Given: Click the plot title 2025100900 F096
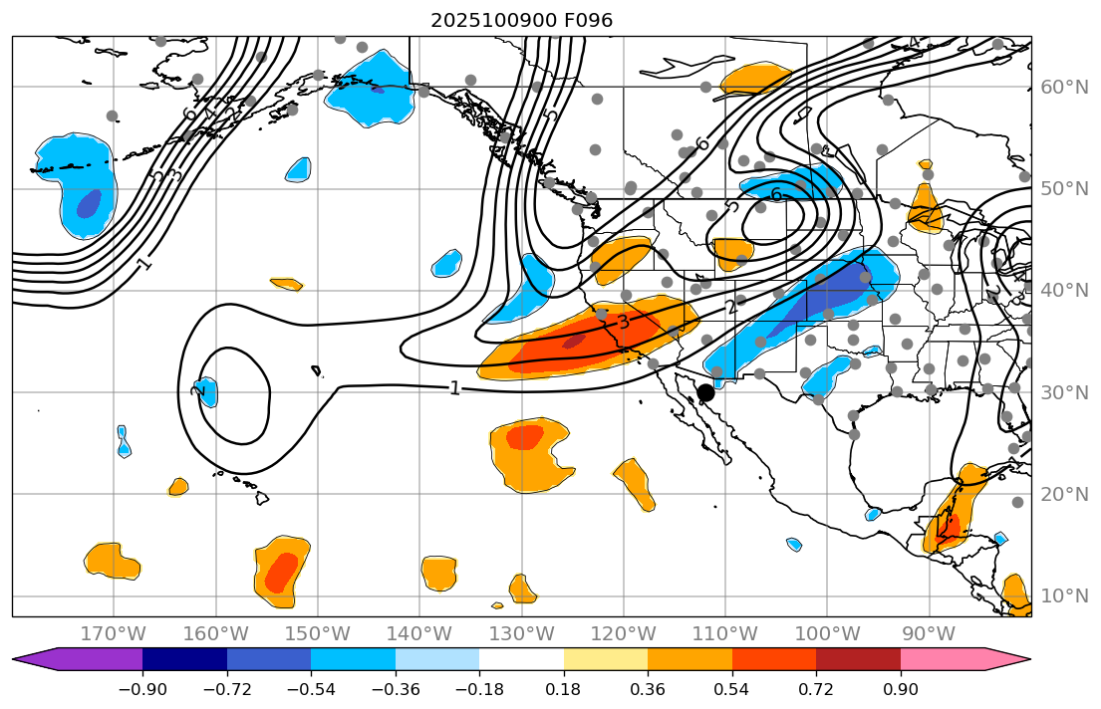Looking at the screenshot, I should [521, 20].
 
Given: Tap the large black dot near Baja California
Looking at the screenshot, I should [705, 392].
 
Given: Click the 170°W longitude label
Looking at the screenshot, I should [114, 634].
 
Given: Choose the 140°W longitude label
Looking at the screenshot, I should [419, 634].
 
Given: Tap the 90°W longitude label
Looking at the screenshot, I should [930, 634].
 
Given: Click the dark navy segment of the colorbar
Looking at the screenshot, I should [184, 659].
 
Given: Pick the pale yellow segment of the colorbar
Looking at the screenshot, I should [606, 659].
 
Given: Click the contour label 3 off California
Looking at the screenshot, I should [623, 322].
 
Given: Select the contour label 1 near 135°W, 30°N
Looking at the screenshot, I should [454, 388].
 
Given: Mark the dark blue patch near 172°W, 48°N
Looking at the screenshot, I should [89, 203].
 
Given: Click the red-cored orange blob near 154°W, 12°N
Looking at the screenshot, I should [281, 572].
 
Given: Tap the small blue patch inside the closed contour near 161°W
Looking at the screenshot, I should [206, 390].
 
